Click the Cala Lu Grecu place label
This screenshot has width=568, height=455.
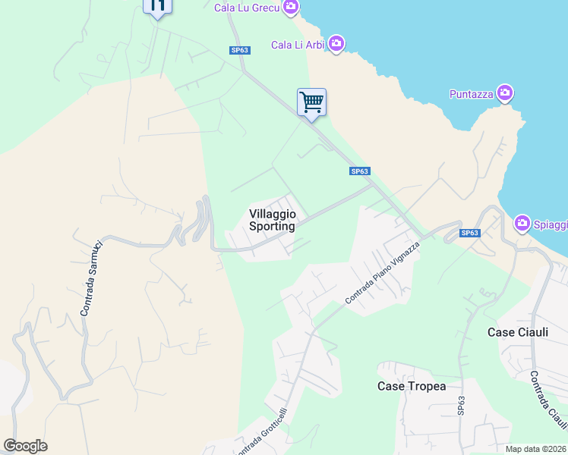point(246,8)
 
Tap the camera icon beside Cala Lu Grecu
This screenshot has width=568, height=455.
point(290,8)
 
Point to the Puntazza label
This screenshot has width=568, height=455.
point(471,94)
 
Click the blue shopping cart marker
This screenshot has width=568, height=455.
point(311,102)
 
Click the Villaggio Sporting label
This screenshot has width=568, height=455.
point(272,220)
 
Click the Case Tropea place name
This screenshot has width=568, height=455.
point(412,386)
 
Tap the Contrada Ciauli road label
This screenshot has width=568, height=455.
point(548,400)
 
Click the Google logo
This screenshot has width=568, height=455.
point(25,446)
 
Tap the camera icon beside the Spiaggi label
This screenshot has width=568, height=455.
point(522,224)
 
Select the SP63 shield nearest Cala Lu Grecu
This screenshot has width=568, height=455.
point(240,50)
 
